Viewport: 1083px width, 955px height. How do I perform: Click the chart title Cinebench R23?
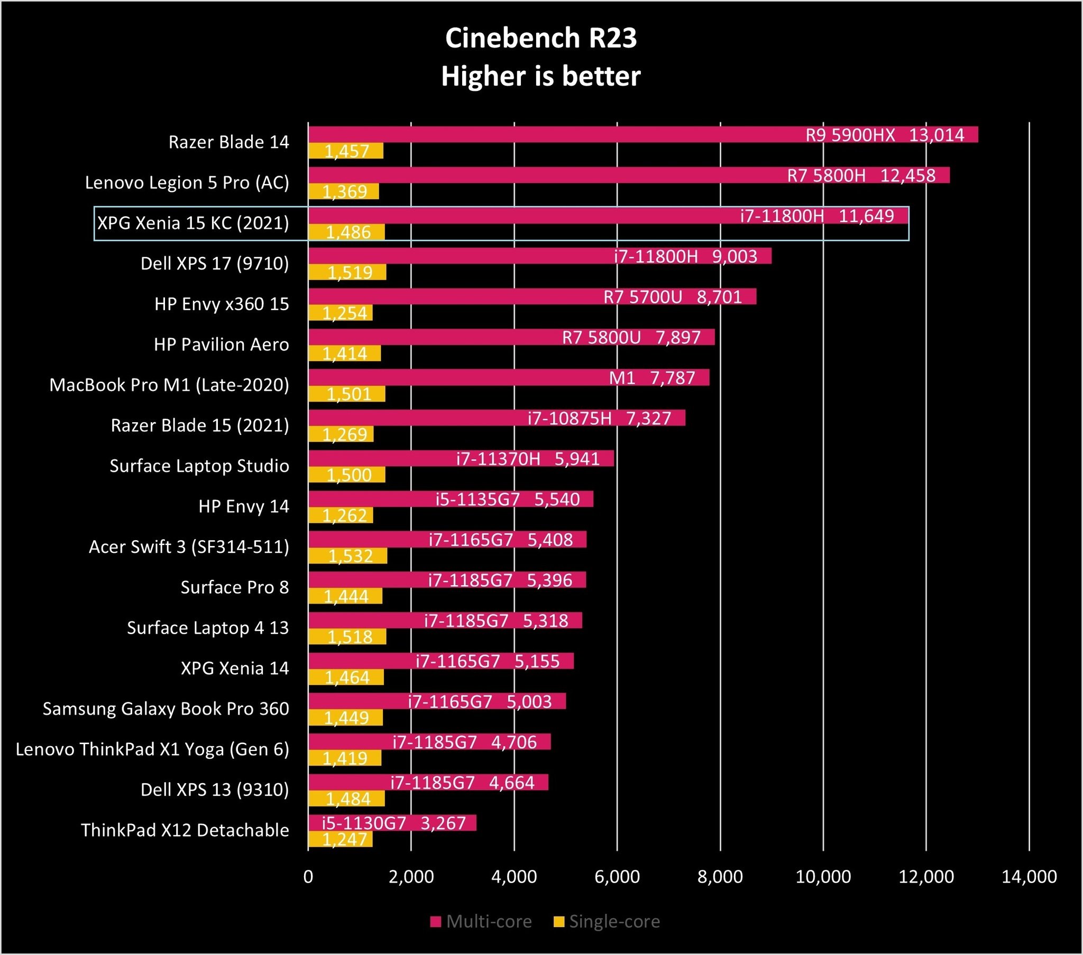click(x=541, y=38)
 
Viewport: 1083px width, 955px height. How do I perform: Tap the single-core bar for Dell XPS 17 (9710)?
click(x=347, y=272)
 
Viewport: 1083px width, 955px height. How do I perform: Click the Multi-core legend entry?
click(x=481, y=922)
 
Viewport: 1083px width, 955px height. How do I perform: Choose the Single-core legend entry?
click(x=607, y=922)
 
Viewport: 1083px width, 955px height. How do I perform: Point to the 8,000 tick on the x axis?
click(x=720, y=877)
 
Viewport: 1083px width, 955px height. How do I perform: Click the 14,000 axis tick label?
click(x=1029, y=877)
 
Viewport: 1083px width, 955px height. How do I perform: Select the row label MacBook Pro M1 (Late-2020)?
click(x=170, y=385)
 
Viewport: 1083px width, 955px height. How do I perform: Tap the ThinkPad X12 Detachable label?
click(x=185, y=830)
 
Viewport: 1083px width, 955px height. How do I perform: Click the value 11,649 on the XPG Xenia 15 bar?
click(x=866, y=216)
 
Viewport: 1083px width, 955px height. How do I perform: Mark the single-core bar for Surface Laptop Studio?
click(x=346, y=475)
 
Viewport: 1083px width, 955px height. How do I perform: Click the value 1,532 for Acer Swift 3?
click(x=351, y=555)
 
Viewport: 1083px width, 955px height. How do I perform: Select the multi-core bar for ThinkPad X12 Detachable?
click(x=392, y=822)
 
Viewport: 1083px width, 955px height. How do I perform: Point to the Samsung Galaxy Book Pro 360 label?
click(x=166, y=709)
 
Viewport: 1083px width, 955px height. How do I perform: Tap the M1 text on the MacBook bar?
click(x=622, y=378)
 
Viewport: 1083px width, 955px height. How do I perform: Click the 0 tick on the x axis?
click(x=308, y=877)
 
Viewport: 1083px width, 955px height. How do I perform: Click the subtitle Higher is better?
click(x=541, y=76)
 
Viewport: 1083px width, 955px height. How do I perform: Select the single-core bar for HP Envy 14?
click(x=341, y=515)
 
